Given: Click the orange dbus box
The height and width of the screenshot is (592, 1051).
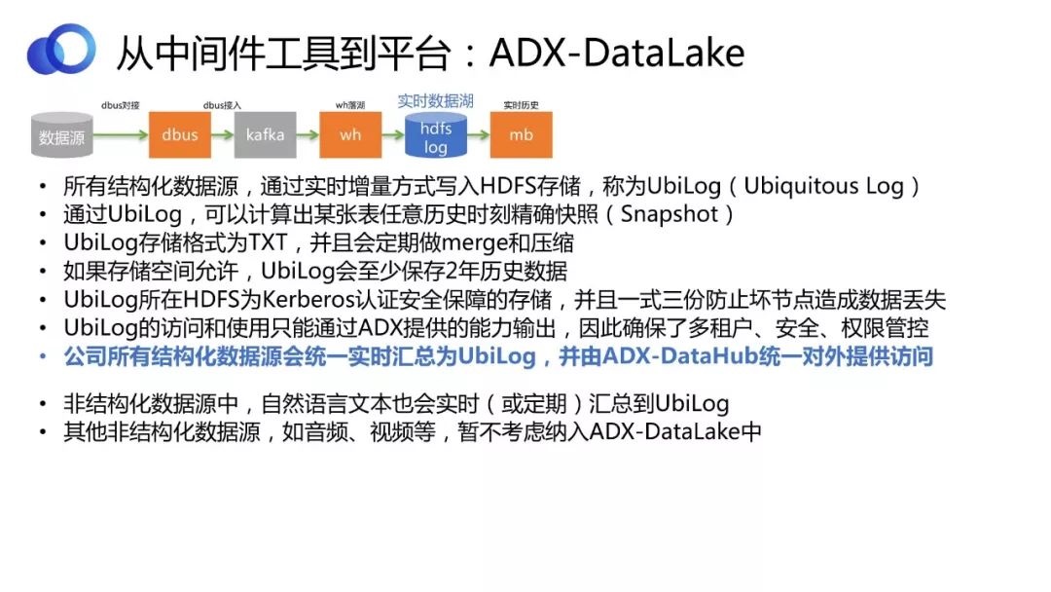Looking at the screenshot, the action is [x=180, y=134].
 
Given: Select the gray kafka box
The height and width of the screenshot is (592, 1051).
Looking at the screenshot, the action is [x=266, y=134].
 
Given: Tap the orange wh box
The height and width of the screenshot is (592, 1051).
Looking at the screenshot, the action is [x=350, y=134].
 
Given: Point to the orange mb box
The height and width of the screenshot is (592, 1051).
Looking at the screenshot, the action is [x=522, y=134].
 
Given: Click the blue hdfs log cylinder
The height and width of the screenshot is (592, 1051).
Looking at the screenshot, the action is [x=436, y=135].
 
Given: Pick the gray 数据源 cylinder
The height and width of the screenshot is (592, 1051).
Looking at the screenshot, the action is [x=61, y=135].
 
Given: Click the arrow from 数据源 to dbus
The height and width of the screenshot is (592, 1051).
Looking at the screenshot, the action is [x=121, y=134].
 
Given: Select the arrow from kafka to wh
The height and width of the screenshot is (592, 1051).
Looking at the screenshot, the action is [x=308, y=134].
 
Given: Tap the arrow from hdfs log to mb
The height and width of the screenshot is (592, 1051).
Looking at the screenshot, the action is [x=479, y=134].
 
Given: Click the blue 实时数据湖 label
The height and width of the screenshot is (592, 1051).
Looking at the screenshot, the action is [x=436, y=101].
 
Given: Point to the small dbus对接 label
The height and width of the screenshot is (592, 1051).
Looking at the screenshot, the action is [x=121, y=105].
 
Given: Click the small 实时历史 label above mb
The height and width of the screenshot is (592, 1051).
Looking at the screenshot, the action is [x=521, y=105].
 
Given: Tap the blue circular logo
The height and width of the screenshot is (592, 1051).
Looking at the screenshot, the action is [x=61, y=49].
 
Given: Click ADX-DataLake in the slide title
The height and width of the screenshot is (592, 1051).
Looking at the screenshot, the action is [x=617, y=53].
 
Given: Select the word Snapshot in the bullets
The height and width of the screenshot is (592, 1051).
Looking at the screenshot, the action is [x=670, y=214].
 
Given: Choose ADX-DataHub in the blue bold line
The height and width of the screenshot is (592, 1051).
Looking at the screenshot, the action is [x=680, y=356].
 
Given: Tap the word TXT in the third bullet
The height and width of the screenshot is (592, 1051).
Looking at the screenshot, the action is [x=269, y=242].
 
